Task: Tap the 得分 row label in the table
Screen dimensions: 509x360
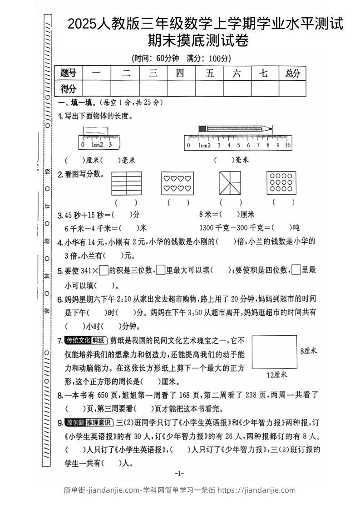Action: (69, 89)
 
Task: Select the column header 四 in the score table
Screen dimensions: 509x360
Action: (180, 73)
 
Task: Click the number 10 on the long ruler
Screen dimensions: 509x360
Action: (287, 146)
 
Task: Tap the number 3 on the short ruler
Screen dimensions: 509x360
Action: (110, 145)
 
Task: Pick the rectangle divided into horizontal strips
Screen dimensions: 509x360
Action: (126, 183)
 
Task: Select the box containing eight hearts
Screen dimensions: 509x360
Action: (178, 183)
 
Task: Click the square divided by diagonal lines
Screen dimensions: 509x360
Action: (230, 183)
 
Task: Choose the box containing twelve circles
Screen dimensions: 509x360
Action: (282, 183)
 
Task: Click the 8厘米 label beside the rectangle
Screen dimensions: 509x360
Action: (308, 351)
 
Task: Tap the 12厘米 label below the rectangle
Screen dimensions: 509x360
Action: (276, 375)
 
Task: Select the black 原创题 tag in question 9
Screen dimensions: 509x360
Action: (75, 423)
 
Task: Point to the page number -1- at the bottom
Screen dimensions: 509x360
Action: (179, 474)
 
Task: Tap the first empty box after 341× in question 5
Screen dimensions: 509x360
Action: (104, 270)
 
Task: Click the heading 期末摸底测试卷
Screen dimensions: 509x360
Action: (198, 42)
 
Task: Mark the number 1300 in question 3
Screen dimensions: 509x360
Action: (207, 227)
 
